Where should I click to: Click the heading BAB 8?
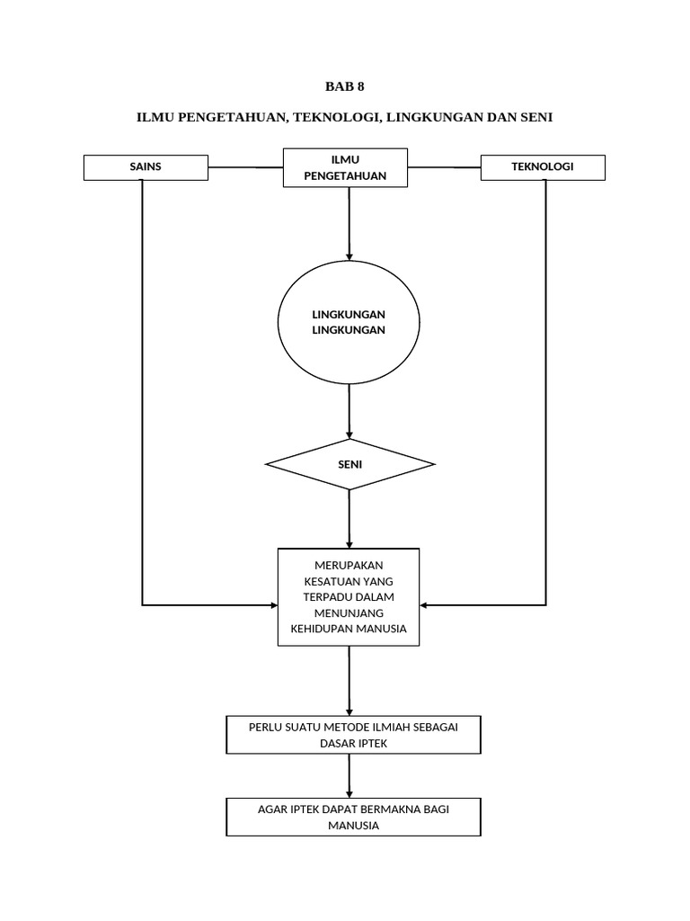pos(345,87)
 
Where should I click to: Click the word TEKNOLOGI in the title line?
pos(332,118)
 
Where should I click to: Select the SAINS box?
pos(146,167)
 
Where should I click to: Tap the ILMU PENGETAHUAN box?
pos(345,168)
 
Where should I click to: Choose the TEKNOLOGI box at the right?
pos(543,167)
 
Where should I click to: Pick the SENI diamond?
pos(349,465)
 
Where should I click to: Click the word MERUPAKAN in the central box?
pos(349,565)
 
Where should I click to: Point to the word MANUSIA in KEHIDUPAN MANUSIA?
pos(378,629)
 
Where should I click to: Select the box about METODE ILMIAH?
pos(352,735)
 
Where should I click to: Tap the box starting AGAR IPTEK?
pos(353,817)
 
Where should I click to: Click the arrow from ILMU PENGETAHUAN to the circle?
pos(349,225)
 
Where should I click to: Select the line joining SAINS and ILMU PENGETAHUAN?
pos(245,167)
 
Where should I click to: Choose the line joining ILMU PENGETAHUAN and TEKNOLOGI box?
pos(444,167)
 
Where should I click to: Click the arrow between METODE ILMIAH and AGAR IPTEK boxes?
pos(349,774)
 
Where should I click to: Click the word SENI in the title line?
pos(535,118)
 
